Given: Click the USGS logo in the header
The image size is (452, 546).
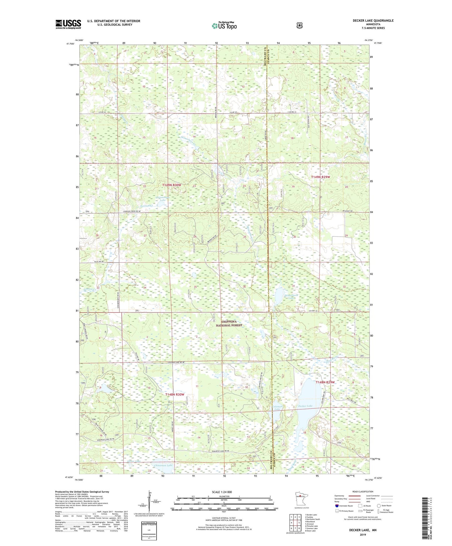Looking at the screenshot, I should (68, 24).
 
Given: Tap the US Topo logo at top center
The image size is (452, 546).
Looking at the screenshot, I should (224, 26).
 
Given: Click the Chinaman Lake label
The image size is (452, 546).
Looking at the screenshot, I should (163, 465).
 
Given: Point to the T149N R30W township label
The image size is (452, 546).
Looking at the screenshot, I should (171, 185).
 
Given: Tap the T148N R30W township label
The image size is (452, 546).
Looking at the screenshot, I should (175, 395).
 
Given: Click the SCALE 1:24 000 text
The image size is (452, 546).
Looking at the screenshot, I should (222, 492).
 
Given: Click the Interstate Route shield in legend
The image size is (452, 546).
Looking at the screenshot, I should (337, 506).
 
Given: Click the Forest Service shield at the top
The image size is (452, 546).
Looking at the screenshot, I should (299, 25).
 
